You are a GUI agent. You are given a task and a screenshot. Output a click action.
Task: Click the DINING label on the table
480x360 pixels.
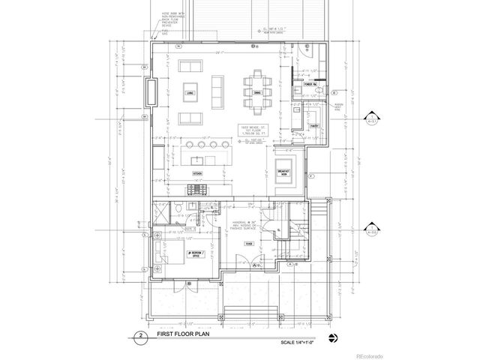(x=256, y=92)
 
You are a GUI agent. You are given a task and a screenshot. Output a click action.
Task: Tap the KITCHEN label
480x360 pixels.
(x=198, y=172)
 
